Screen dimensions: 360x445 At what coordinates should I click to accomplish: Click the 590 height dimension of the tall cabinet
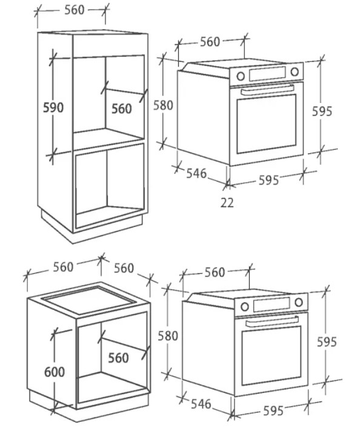coord(53,108)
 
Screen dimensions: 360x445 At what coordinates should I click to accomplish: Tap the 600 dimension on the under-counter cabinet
coord(55,372)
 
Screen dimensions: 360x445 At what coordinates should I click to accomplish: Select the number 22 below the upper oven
coord(227,203)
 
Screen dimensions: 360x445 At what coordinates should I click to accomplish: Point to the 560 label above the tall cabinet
coord(75,10)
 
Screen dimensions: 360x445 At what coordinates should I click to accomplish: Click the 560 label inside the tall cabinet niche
coord(122,109)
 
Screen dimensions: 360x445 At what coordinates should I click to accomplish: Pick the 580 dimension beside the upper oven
coord(163,105)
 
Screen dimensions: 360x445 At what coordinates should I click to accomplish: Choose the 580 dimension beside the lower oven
coord(168,336)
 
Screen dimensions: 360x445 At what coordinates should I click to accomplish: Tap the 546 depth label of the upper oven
coord(196,173)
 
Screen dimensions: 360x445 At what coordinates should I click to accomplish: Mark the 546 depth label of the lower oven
coord(201,404)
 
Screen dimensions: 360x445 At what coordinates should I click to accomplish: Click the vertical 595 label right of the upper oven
coord(322,111)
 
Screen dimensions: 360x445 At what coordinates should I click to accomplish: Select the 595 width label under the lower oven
coord(273,411)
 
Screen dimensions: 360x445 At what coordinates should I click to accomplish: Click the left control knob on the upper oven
coord(241,76)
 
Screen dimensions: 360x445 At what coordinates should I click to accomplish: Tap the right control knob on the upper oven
coord(295,71)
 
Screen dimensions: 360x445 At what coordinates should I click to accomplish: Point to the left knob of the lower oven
coord(245,306)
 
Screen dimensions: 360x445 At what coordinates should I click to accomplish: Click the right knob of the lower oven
coord(299,302)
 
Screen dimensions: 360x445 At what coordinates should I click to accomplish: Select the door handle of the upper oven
coord(267,90)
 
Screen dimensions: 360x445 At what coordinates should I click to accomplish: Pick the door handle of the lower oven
coord(272,321)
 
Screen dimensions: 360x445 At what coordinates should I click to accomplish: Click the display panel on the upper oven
coord(267,74)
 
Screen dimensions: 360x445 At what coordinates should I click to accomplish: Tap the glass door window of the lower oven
coord(272,355)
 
